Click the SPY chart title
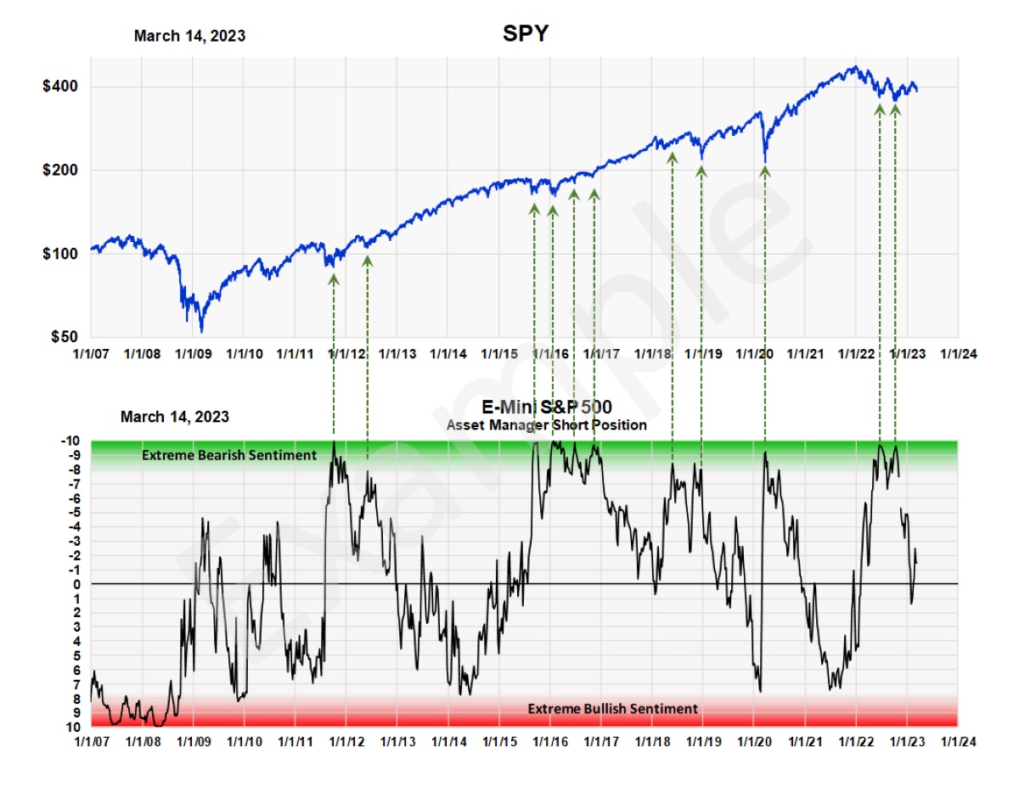[526, 34]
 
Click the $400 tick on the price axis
[62, 87]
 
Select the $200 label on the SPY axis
[62, 170]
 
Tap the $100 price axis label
[62, 253]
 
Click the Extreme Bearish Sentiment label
[228, 455]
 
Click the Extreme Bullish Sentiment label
[612, 708]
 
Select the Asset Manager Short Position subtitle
[546, 424]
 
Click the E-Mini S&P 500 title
[547, 407]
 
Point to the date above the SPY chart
[189, 36]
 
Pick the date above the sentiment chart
[175, 417]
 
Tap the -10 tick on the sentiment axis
[71, 441]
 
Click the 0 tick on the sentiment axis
[76, 584]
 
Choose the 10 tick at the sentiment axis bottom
[74, 727]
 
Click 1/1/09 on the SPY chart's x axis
[194, 354]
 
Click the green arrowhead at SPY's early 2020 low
[765, 171]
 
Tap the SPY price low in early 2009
[201, 330]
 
